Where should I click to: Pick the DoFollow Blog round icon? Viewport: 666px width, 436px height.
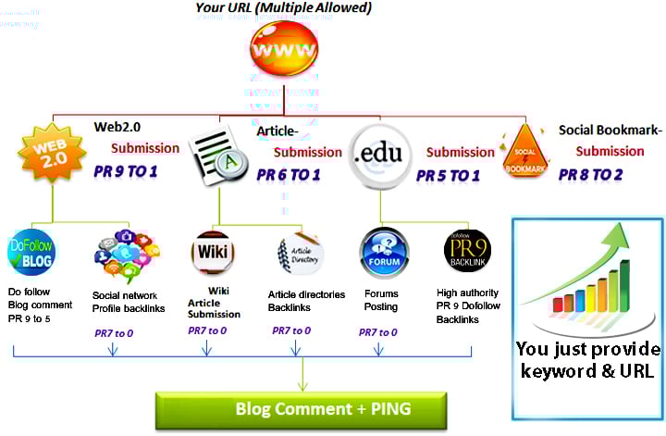[31, 252]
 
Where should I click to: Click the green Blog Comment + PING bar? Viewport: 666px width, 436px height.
[302, 409]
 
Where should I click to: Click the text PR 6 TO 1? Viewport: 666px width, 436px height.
[289, 174]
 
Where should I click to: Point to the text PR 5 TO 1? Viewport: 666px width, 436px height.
[448, 174]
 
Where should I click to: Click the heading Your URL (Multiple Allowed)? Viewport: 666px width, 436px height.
[284, 8]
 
